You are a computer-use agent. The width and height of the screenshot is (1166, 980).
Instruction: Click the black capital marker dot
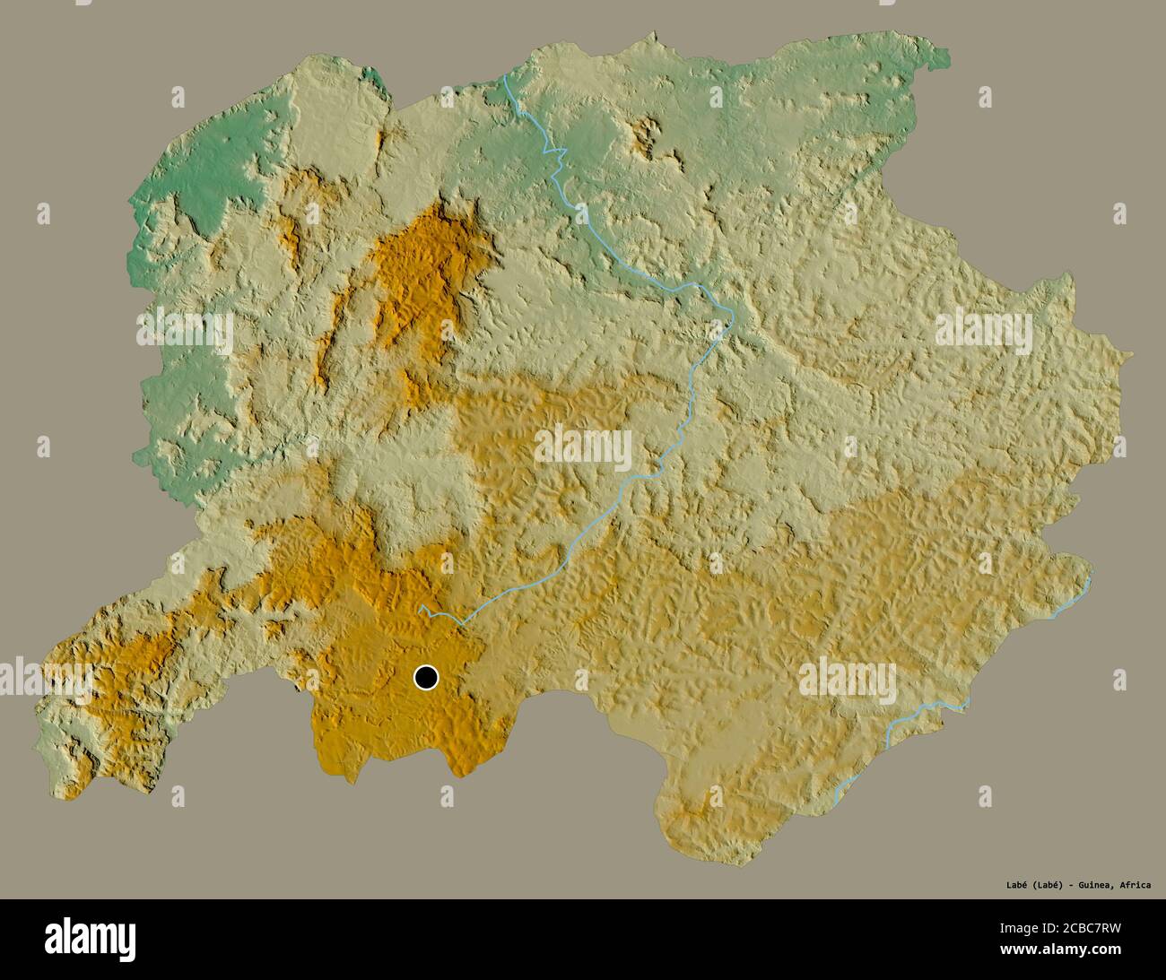tap(426, 677)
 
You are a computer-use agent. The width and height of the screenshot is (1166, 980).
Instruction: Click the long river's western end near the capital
tap(422, 611)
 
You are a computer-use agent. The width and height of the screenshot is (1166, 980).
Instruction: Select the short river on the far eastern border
tap(1072, 599)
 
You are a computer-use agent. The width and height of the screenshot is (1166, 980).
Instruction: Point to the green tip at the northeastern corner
tap(939, 58)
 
